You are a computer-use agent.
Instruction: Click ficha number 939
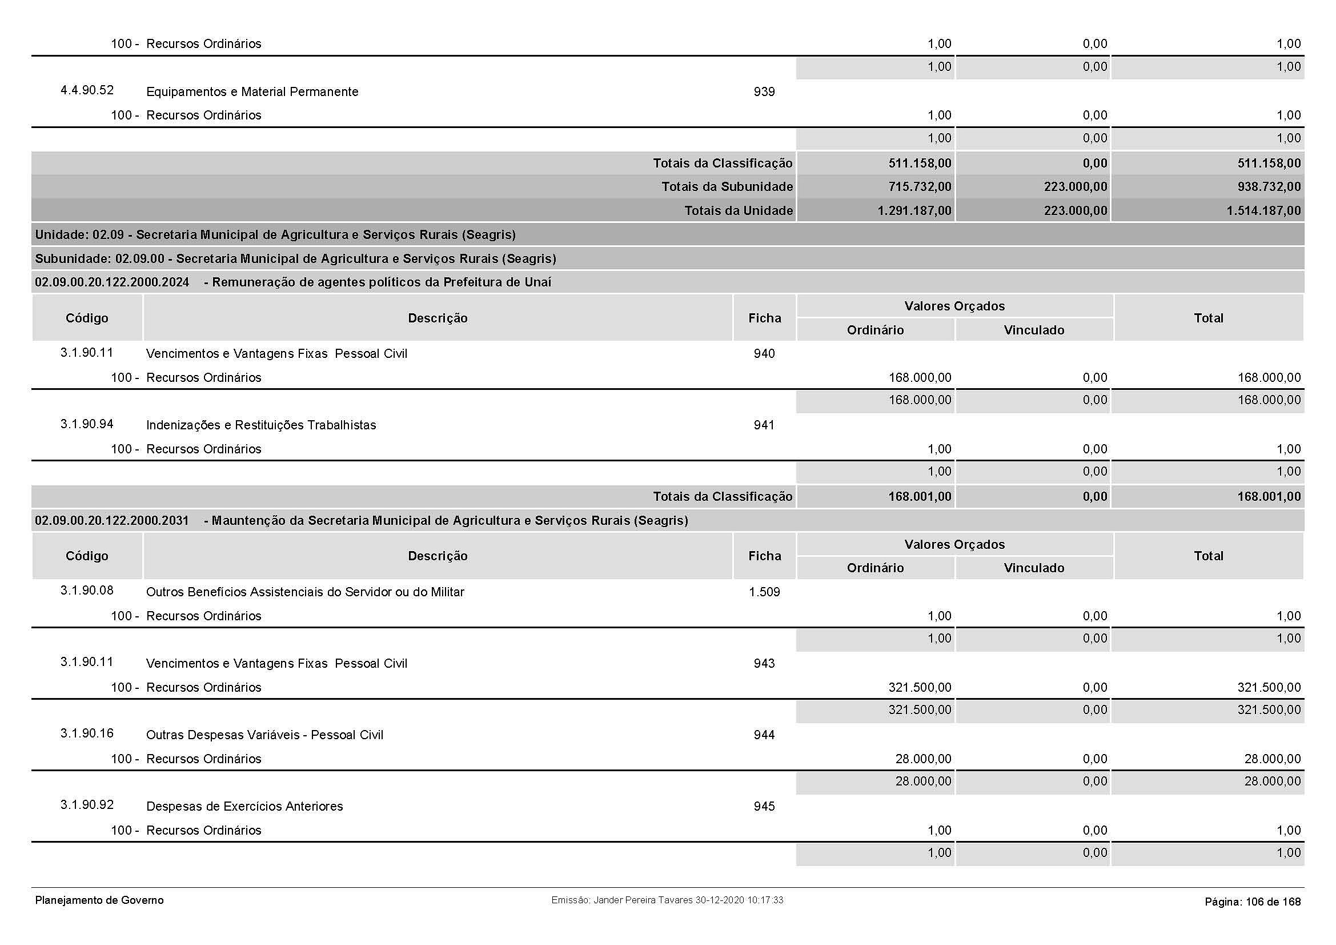tap(764, 92)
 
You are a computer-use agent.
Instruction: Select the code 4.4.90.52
tap(87, 90)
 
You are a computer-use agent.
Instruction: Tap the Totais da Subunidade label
tap(727, 187)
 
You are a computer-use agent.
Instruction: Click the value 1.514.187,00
tap(1263, 211)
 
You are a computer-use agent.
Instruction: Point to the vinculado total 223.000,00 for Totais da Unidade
tap(1076, 211)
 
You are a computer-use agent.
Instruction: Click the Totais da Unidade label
tap(739, 211)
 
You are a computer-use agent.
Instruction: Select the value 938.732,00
tap(1269, 187)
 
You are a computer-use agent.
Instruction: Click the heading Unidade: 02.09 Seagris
tap(275, 235)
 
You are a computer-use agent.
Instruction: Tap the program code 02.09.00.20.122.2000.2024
tap(112, 282)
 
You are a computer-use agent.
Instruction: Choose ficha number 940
tap(764, 354)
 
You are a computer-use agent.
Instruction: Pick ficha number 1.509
tap(764, 592)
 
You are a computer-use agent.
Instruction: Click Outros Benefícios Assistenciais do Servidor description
tap(305, 592)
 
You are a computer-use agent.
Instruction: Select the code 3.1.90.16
tap(87, 733)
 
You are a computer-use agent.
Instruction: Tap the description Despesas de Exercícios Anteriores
tap(244, 807)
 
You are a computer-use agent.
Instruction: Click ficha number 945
tap(764, 807)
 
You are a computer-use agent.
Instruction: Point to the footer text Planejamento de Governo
tap(99, 900)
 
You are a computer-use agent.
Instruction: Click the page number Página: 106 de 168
tap(1252, 902)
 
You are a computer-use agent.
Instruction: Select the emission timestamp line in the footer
tap(667, 900)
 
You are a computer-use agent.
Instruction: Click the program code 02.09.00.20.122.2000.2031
tap(112, 521)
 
